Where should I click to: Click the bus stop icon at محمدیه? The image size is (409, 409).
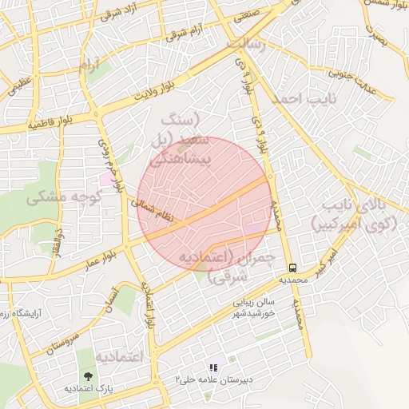(x=292, y=268)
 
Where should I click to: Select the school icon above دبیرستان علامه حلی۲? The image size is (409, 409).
(x=212, y=367)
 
